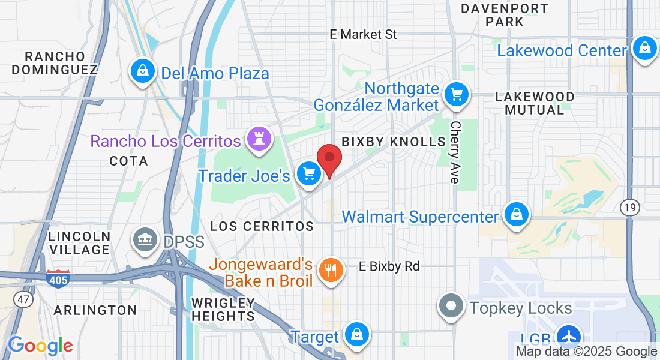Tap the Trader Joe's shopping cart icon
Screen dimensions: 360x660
(309, 174)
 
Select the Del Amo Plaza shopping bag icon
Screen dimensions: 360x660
(143, 71)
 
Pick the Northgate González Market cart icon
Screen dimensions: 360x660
(457, 94)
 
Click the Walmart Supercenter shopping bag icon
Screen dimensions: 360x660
(515, 214)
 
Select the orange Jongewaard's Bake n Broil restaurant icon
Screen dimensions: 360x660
(329, 269)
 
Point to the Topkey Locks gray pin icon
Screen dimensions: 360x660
(451, 306)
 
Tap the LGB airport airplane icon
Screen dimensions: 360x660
(567, 335)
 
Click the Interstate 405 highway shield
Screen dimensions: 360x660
(58, 278)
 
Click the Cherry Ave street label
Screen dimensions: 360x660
(455, 152)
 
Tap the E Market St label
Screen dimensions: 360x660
(363, 34)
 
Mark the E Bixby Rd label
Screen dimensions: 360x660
(389, 266)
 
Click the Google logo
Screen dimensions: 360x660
(40, 346)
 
